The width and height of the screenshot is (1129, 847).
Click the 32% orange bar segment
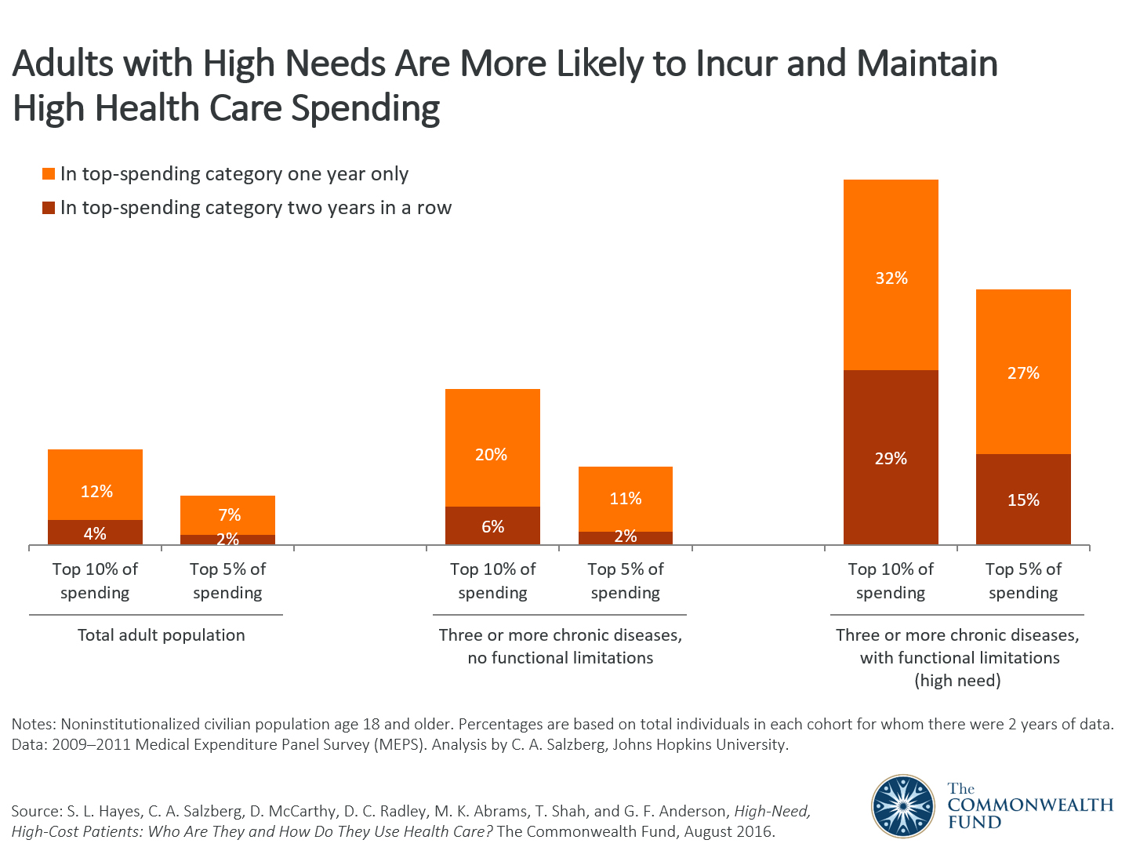tap(891, 274)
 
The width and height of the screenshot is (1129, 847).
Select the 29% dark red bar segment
tap(891, 457)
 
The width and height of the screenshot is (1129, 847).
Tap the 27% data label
tap(1023, 373)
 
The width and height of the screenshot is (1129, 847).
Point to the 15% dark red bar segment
tap(1023, 500)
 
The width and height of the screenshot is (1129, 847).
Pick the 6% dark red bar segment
tap(492, 526)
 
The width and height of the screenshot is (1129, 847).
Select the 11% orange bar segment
tap(625, 499)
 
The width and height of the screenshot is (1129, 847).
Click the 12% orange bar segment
tap(95, 485)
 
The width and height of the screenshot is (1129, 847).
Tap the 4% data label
tap(95, 534)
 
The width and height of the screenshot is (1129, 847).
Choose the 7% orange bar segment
tap(227, 514)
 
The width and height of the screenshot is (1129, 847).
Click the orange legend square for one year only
tap(49, 174)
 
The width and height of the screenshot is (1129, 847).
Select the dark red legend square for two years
tap(49, 208)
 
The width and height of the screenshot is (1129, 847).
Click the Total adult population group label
tap(161, 635)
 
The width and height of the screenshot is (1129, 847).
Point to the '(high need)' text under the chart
tap(957, 681)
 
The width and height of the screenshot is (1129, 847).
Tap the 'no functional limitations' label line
tap(560, 658)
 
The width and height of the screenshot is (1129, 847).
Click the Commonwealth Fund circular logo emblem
tap(903, 805)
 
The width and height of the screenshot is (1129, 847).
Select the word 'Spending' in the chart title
tap(365, 108)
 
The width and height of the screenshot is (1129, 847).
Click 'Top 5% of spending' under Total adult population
tap(227, 580)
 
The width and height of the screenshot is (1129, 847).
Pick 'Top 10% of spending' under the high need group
tap(891, 580)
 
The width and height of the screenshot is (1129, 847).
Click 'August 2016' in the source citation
tap(728, 831)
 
